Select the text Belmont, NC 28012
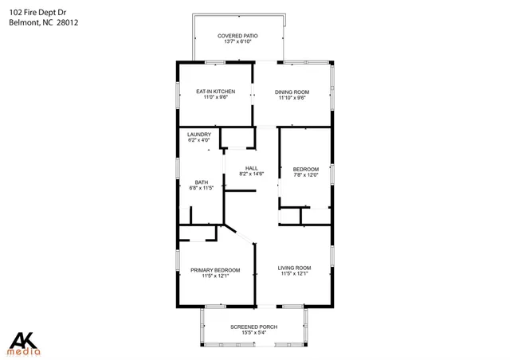pyautogui.click(x=44, y=23)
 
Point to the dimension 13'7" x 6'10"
pyautogui.click(x=237, y=43)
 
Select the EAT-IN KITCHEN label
pyautogui.click(x=215, y=92)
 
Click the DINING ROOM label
pyautogui.click(x=292, y=92)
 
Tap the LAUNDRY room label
pyautogui.click(x=198, y=135)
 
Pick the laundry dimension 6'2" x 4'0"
pyautogui.click(x=198, y=140)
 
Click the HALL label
pyautogui.click(x=252, y=168)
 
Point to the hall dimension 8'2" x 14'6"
pyautogui.click(x=252, y=174)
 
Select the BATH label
pyautogui.click(x=202, y=182)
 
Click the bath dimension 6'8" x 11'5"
pyautogui.click(x=202, y=188)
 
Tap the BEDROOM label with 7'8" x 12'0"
pyautogui.click(x=306, y=169)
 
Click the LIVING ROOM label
pyautogui.click(x=294, y=268)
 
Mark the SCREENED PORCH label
pyautogui.click(x=253, y=327)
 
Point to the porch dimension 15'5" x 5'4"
pyautogui.click(x=253, y=334)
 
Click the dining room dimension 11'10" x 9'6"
pyautogui.click(x=292, y=98)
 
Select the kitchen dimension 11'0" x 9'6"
pyautogui.click(x=215, y=98)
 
